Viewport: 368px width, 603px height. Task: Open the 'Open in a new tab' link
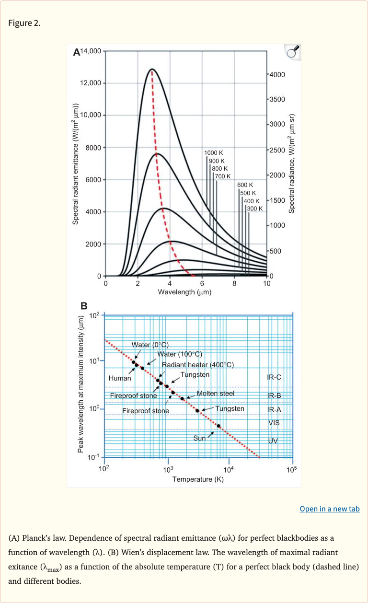(x=329, y=509)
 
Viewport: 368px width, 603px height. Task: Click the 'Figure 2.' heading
(x=24, y=23)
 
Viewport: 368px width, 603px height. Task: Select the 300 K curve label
(x=254, y=209)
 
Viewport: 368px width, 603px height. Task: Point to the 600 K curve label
(x=245, y=185)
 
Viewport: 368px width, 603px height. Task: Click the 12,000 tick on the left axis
(x=90, y=83)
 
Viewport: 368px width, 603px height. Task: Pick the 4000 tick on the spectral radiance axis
(x=277, y=75)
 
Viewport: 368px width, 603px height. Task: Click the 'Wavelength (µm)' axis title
(x=184, y=292)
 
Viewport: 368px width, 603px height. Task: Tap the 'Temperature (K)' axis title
(x=198, y=479)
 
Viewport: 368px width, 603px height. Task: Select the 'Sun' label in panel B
(x=199, y=438)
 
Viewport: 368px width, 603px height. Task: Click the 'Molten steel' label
(x=215, y=393)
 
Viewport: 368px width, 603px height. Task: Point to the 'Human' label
(x=120, y=378)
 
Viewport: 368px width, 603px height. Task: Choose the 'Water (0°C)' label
(x=150, y=345)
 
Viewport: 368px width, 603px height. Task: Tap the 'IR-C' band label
(x=274, y=377)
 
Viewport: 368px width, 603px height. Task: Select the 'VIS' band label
(x=274, y=423)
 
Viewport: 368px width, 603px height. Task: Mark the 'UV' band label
(x=274, y=440)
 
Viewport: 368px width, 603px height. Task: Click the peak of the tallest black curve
(x=152, y=69)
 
